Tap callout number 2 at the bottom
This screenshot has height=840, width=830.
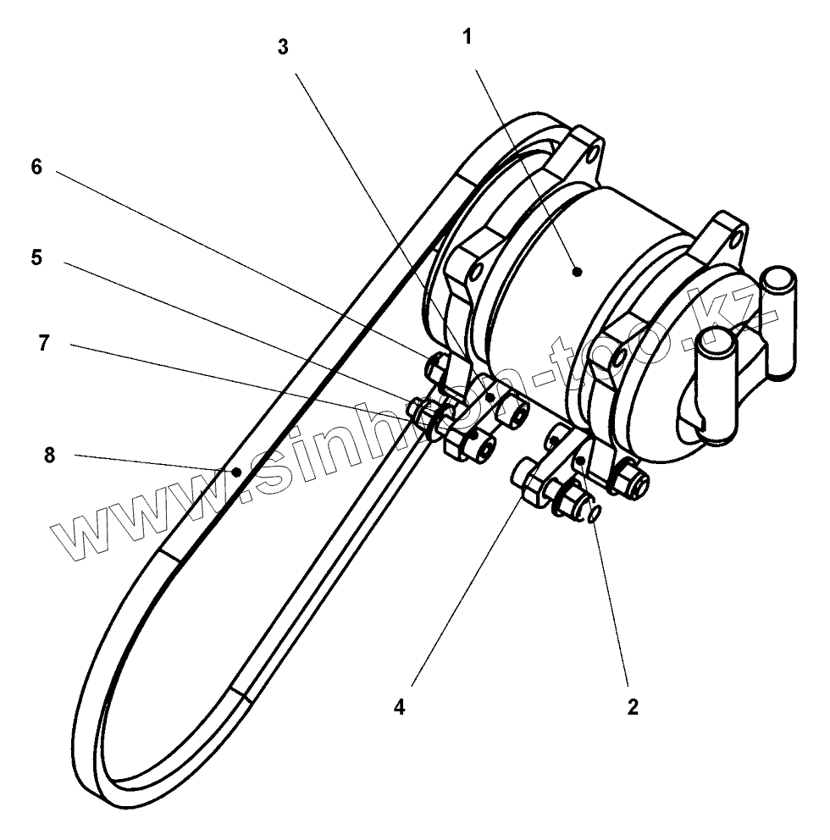tap(633, 707)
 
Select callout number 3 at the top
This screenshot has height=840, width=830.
tap(283, 47)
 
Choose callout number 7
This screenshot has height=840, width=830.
tap(44, 343)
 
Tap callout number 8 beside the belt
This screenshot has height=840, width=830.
tap(49, 456)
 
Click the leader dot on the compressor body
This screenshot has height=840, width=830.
tap(577, 273)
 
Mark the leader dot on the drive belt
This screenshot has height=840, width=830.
tap(240, 471)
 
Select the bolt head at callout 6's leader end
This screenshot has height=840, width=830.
tap(435, 365)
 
